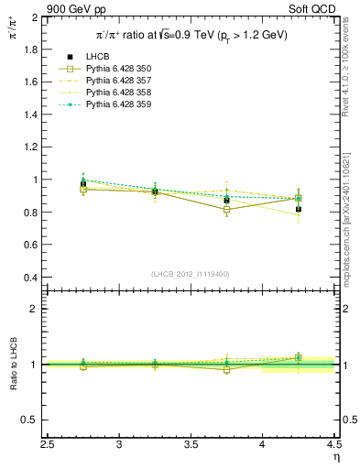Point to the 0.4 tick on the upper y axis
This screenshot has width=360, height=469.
pos(30,278)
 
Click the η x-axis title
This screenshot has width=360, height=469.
pos(335,457)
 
